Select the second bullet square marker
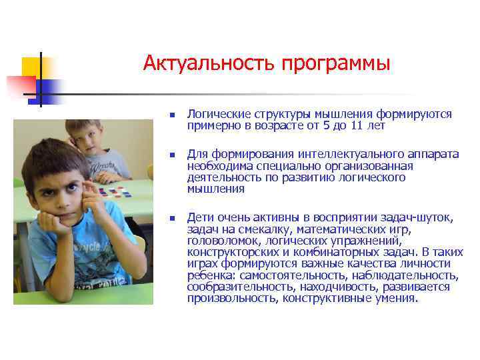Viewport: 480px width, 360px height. [x=171, y=154]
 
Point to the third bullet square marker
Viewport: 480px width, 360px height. [x=171, y=217]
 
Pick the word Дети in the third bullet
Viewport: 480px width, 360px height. [x=199, y=217]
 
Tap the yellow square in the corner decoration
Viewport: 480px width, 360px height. [x=31, y=66]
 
